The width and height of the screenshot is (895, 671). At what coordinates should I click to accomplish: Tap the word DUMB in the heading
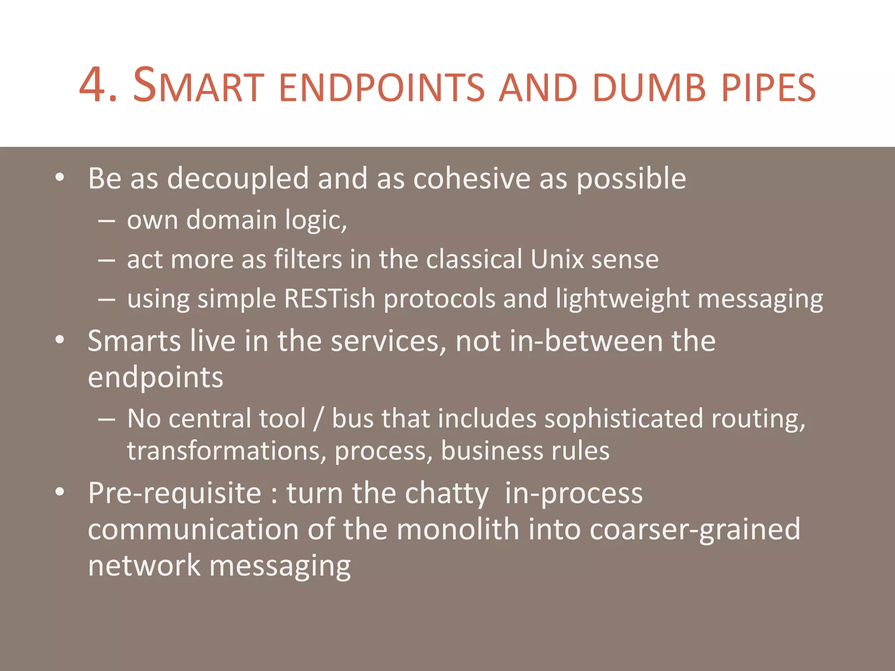(649, 87)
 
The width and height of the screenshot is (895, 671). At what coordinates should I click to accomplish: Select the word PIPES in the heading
(768, 87)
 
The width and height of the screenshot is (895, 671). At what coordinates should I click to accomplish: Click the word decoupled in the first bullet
(238, 179)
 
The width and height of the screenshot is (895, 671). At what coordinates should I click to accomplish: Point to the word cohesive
(472, 179)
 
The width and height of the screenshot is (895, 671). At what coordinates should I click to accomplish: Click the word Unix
(557, 259)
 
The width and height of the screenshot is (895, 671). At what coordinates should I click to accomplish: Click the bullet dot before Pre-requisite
(60, 492)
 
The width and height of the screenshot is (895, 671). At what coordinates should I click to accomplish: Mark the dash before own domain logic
(107, 221)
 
